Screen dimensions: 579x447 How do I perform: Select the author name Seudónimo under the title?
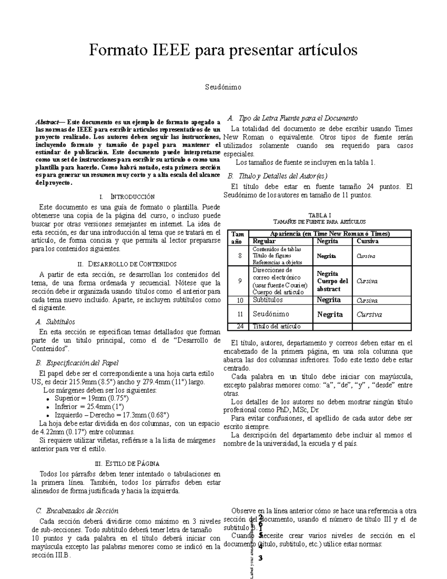tap(223, 87)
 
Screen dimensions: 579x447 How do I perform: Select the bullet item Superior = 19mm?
tap(92, 398)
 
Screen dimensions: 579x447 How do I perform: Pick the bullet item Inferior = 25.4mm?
tap(89, 406)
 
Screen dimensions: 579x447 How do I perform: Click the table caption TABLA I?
tap(320, 215)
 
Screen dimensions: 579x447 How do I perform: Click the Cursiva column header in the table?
tap(367, 241)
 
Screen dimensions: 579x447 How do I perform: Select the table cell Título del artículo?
tap(276, 327)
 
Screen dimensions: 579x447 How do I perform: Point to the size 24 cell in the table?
tap(240, 327)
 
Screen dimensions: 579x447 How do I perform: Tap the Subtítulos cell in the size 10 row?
tap(267, 300)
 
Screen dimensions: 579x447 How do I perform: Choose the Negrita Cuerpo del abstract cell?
tap(332, 281)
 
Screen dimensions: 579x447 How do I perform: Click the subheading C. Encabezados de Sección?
tap(76, 511)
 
